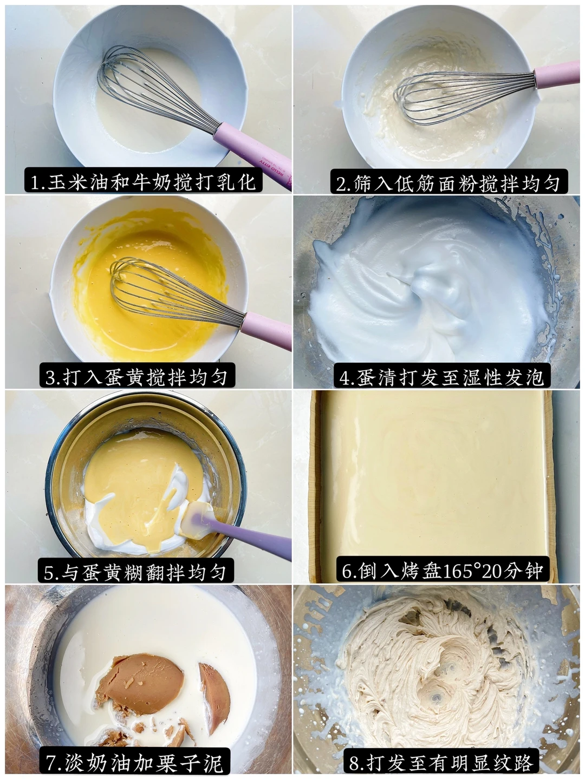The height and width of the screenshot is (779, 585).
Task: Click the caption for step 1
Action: [x=143, y=182]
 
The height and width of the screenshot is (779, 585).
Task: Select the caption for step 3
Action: [x=137, y=376]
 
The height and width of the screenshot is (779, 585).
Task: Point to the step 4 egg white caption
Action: [x=441, y=376]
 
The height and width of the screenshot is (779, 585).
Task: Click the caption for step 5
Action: [x=135, y=571]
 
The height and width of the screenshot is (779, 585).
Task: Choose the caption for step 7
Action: [x=134, y=763]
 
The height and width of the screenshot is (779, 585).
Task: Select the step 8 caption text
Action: [x=441, y=763]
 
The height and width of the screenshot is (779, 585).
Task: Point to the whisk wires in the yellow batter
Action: [x=174, y=291]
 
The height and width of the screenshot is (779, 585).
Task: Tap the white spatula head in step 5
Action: [x=197, y=519]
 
